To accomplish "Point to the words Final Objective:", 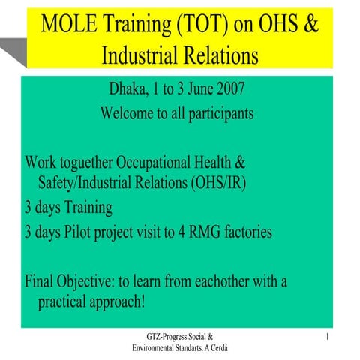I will pyautogui.click(x=67, y=282).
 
